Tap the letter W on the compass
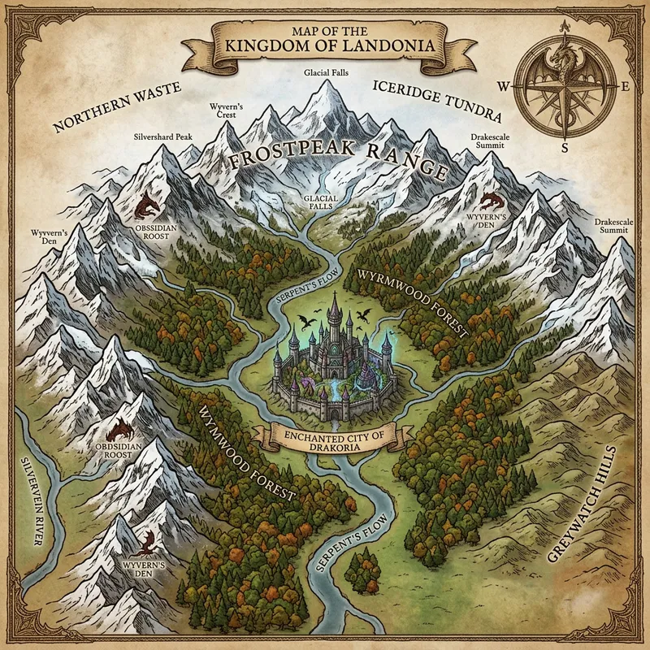click(503, 84)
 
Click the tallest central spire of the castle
click(334, 309)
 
